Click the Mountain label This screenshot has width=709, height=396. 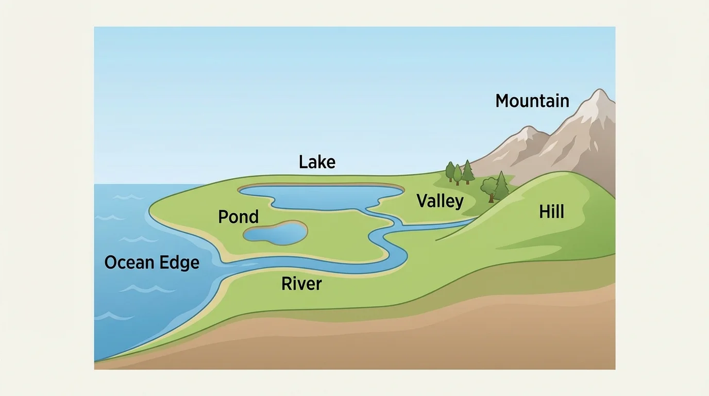532,101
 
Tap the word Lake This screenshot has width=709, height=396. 317,162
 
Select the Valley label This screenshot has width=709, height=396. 440,201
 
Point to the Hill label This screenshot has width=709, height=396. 551,211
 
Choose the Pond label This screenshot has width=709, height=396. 238,217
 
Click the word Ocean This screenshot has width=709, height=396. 129,262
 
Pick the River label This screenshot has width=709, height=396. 301,284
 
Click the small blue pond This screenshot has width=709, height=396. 275,233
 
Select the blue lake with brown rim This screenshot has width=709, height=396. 319,196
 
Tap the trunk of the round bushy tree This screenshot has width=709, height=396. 492,197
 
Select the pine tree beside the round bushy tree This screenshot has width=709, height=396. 501,185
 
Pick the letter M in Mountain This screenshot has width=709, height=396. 502,101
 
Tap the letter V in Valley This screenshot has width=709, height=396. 422,201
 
